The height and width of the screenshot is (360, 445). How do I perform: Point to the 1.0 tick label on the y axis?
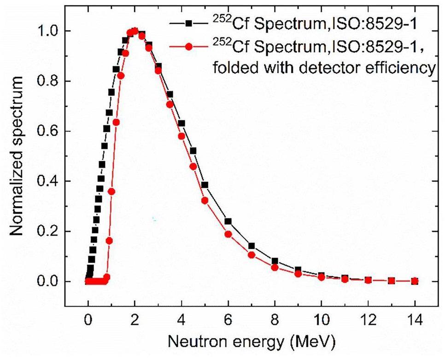(x=48, y=31)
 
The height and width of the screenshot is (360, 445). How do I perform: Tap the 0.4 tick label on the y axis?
(x=48, y=181)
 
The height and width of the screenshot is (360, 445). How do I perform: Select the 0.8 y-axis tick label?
(x=48, y=81)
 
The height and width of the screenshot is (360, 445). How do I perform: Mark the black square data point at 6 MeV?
(x=228, y=221)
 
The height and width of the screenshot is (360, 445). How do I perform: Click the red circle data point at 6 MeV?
(x=228, y=234)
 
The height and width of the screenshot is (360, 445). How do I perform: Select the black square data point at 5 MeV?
(x=205, y=185)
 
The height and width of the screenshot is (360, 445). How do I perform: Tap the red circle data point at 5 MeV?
(x=205, y=201)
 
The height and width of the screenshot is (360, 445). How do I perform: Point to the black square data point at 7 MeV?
(x=252, y=246)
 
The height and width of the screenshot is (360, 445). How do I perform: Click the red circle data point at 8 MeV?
(x=275, y=267)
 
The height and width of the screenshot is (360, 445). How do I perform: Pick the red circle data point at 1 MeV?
(x=111, y=192)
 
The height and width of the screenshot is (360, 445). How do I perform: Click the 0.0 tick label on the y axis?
(x=48, y=282)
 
